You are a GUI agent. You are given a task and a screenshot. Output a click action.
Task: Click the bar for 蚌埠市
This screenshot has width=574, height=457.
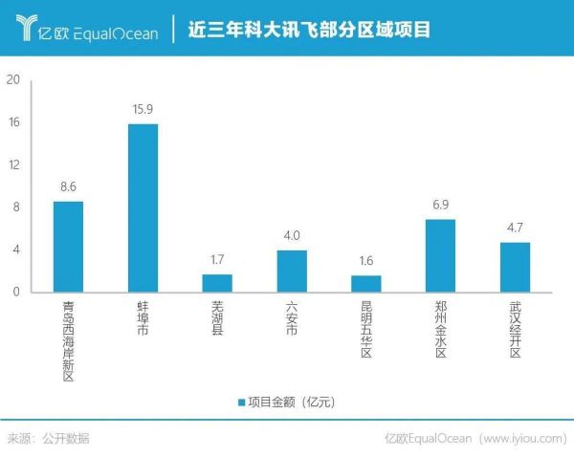(143, 207)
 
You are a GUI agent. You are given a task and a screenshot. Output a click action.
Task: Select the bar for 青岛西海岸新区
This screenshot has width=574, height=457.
(68, 246)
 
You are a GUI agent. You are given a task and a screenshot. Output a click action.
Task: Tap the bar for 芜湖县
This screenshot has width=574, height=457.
(217, 283)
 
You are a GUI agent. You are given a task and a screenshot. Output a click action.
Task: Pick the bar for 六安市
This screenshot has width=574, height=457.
(292, 271)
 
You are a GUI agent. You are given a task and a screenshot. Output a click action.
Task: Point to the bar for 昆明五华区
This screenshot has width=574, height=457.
(366, 283)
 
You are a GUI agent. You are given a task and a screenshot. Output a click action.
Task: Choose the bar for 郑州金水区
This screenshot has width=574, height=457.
(440, 255)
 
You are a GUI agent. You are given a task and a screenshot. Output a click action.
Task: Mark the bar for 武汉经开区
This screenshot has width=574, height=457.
(515, 267)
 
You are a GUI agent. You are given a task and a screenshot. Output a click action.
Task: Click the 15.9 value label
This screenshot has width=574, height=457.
(143, 110)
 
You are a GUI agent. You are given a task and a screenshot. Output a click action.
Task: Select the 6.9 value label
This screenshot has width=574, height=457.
(440, 206)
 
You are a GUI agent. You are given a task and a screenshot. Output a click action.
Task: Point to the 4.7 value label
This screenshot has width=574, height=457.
(515, 228)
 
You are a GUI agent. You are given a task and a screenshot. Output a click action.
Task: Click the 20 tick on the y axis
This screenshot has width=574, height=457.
(13, 80)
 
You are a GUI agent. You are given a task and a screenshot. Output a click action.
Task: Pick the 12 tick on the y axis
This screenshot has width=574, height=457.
(13, 164)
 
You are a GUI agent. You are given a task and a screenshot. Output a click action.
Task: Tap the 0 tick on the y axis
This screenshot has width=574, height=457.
(17, 292)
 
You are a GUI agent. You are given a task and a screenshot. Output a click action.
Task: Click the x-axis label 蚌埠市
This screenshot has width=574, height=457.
(143, 316)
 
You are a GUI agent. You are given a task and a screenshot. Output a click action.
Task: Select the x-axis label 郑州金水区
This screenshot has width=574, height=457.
(440, 330)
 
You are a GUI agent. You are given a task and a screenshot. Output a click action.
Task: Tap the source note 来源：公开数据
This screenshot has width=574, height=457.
(49, 439)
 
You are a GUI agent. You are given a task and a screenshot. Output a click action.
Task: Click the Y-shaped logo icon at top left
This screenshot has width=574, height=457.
(29, 29)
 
